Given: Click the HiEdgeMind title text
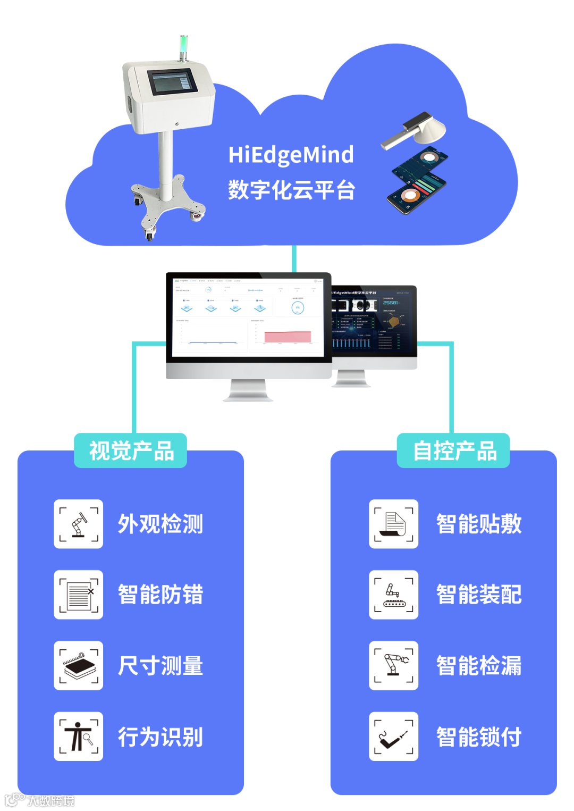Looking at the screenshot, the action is pyautogui.click(x=291, y=155).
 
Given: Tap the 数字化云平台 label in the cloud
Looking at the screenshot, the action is pyautogui.click(x=291, y=190).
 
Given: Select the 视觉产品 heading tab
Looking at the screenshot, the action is pyautogui.click(x=131, y=451).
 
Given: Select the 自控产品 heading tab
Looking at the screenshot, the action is pyautogui.click(x=453, y=451).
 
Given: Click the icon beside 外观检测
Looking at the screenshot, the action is pyautogui.click(x=79, y=524).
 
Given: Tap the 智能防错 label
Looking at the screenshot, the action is pyautogui.click(x=161, y=595).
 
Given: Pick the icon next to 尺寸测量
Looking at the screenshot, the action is pyautogui.click(x=79, y=665).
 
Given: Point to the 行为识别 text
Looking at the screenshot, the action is pyautogui.click(x=161, y=737).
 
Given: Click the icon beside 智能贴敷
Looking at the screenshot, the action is pyautogui.click(x=393, y=524).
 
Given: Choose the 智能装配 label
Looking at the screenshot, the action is pyautogui.click(x=478, y=595).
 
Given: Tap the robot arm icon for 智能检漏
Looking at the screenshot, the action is pyautogui.click(x=393, y=665).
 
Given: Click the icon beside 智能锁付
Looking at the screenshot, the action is pyautogui.click(x=393, y=737).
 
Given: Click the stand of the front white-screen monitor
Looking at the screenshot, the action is pyautogui.click(x=248, y=390).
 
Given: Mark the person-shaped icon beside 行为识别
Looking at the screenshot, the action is pyautogui.click(x=79, y=737).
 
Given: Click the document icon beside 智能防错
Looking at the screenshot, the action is pyautogui.click(x=79, y=595).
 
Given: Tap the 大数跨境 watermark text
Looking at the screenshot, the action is pyautogui.click(x=50, y=800).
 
